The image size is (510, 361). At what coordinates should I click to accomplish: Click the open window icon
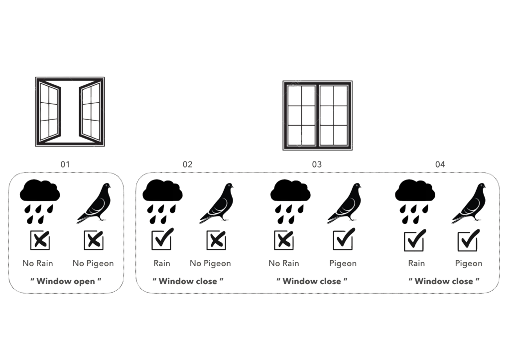70,112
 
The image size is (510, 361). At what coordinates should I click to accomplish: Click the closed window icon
317,115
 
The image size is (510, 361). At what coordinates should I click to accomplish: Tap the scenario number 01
65,165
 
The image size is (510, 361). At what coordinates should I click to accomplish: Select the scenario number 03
317,165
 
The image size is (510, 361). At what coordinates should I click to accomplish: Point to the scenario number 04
440,165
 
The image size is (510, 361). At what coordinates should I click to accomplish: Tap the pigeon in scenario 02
217,203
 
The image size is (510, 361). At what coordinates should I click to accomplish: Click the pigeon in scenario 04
469,203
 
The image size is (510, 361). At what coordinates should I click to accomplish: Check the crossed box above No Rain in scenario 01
40,240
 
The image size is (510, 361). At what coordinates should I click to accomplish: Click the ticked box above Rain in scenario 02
162,239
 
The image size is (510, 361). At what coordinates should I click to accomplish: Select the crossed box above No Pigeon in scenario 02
216,240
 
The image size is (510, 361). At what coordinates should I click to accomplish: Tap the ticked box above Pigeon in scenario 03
344,239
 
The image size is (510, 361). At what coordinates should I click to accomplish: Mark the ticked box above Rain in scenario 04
415,240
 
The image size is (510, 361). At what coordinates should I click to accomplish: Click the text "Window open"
66,281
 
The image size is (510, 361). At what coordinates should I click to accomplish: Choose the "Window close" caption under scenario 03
312,281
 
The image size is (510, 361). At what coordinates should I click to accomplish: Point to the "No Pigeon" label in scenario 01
93,263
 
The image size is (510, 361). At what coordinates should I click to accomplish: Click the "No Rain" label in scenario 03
283,263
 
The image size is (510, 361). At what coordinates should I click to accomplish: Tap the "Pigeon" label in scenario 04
468,263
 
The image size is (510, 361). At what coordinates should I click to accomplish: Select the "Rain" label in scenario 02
162,263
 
